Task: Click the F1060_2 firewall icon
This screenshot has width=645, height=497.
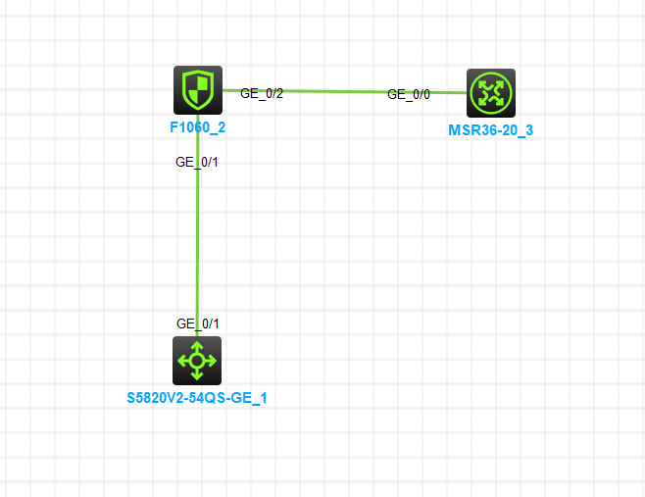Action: click(x=198, y=90)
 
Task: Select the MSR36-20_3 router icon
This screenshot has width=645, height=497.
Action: click(x=490, y=93)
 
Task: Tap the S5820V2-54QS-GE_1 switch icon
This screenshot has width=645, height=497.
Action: click(x=197, y=361)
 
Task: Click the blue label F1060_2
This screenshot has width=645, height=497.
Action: click(x=198, y=126)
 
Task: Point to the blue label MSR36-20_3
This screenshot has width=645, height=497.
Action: click(x=490, y=129)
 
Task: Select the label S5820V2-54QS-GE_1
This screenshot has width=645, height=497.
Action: click(x=197, y=398)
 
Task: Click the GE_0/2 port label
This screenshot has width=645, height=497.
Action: click(x=262, y=93)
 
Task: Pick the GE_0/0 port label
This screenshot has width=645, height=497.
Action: click(x=409, y=95)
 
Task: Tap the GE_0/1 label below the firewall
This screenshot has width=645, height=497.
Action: click(x=196, y=162)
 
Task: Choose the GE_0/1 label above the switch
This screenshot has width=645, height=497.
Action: click(x=197, y=323)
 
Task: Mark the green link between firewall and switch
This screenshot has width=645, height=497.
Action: click(x=197, y=245)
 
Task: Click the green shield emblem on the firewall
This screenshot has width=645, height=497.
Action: click(x=198, y=89)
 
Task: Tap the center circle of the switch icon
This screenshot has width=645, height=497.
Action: click(x=197, y=361)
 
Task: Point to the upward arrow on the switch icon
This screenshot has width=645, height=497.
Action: click(x=197, y=346)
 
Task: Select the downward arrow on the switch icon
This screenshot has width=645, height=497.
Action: click(x=197, y=375)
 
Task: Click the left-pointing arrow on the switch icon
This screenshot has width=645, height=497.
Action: click(x=182, y=361)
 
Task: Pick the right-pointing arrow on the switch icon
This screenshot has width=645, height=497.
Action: click(x=212, y=361)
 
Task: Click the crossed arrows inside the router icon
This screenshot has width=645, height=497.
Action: click(x=490, y=93)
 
